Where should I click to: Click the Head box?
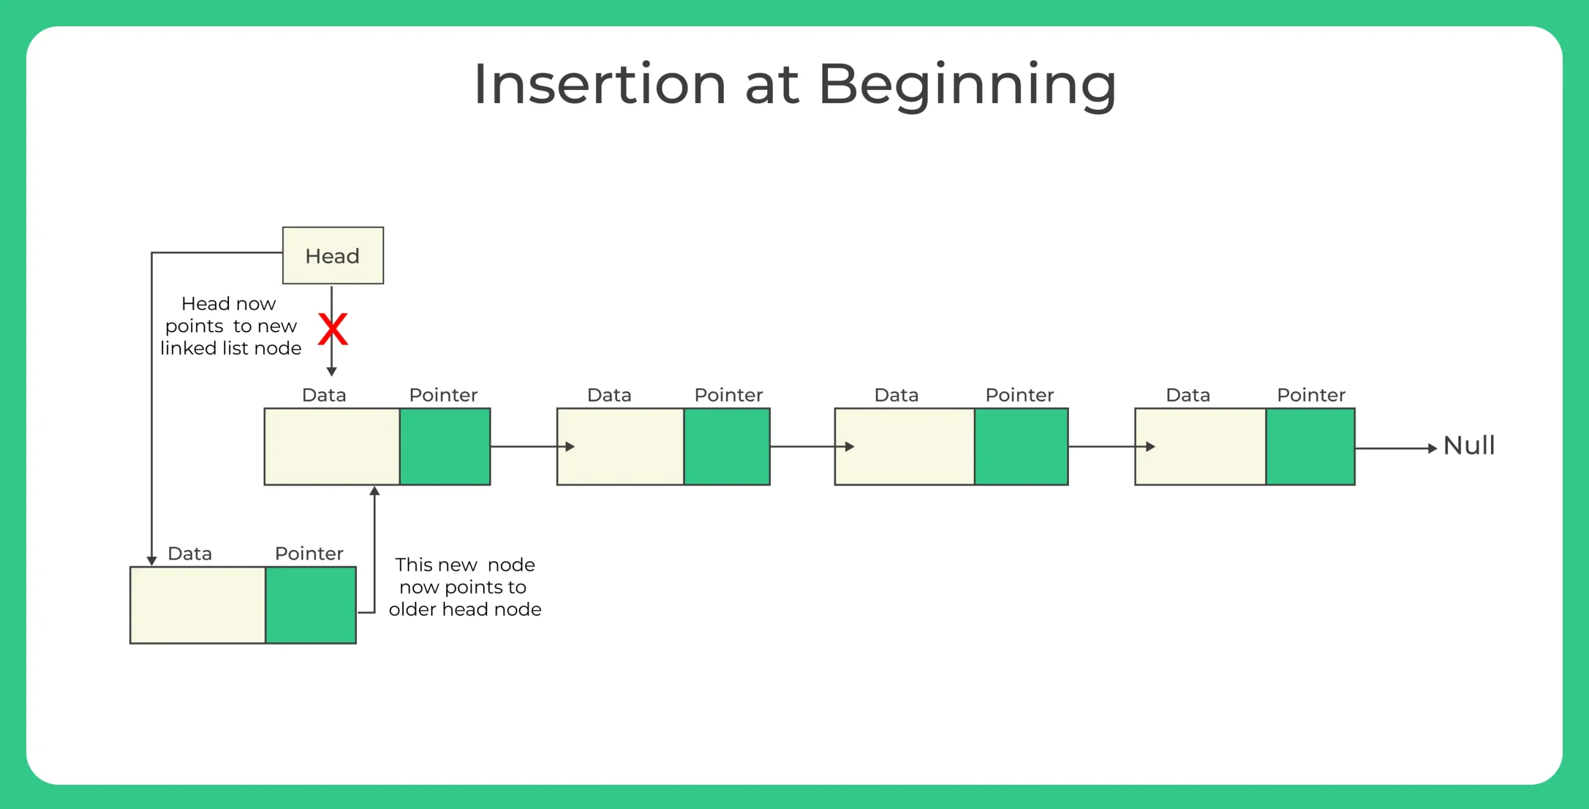coord(333,255)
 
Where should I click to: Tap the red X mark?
coord(333,329)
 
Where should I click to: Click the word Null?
coord(1469,446)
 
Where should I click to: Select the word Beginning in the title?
coord(967,84)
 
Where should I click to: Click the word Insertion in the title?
coord(600,84)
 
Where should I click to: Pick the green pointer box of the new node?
coord(310,605)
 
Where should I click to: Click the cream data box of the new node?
coord(197,605)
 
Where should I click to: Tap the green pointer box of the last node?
coord(1310,446)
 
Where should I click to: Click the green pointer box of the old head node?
coord(444,446)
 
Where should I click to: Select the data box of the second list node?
coord(621,446)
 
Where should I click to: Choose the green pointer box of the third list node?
coord(1020,446)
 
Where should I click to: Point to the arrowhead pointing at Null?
coord(1433,448)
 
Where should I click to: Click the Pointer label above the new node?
coord(309,553)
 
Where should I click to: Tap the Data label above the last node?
coord(1187,395)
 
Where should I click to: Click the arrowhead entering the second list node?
coord(570,446)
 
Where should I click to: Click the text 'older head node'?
coord(465,609)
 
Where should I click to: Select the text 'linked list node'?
coord(231,348)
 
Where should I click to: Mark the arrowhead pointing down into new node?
coord(151,561)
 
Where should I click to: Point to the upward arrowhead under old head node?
coord(374,491)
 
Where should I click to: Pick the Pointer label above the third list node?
coord(1019,395)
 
